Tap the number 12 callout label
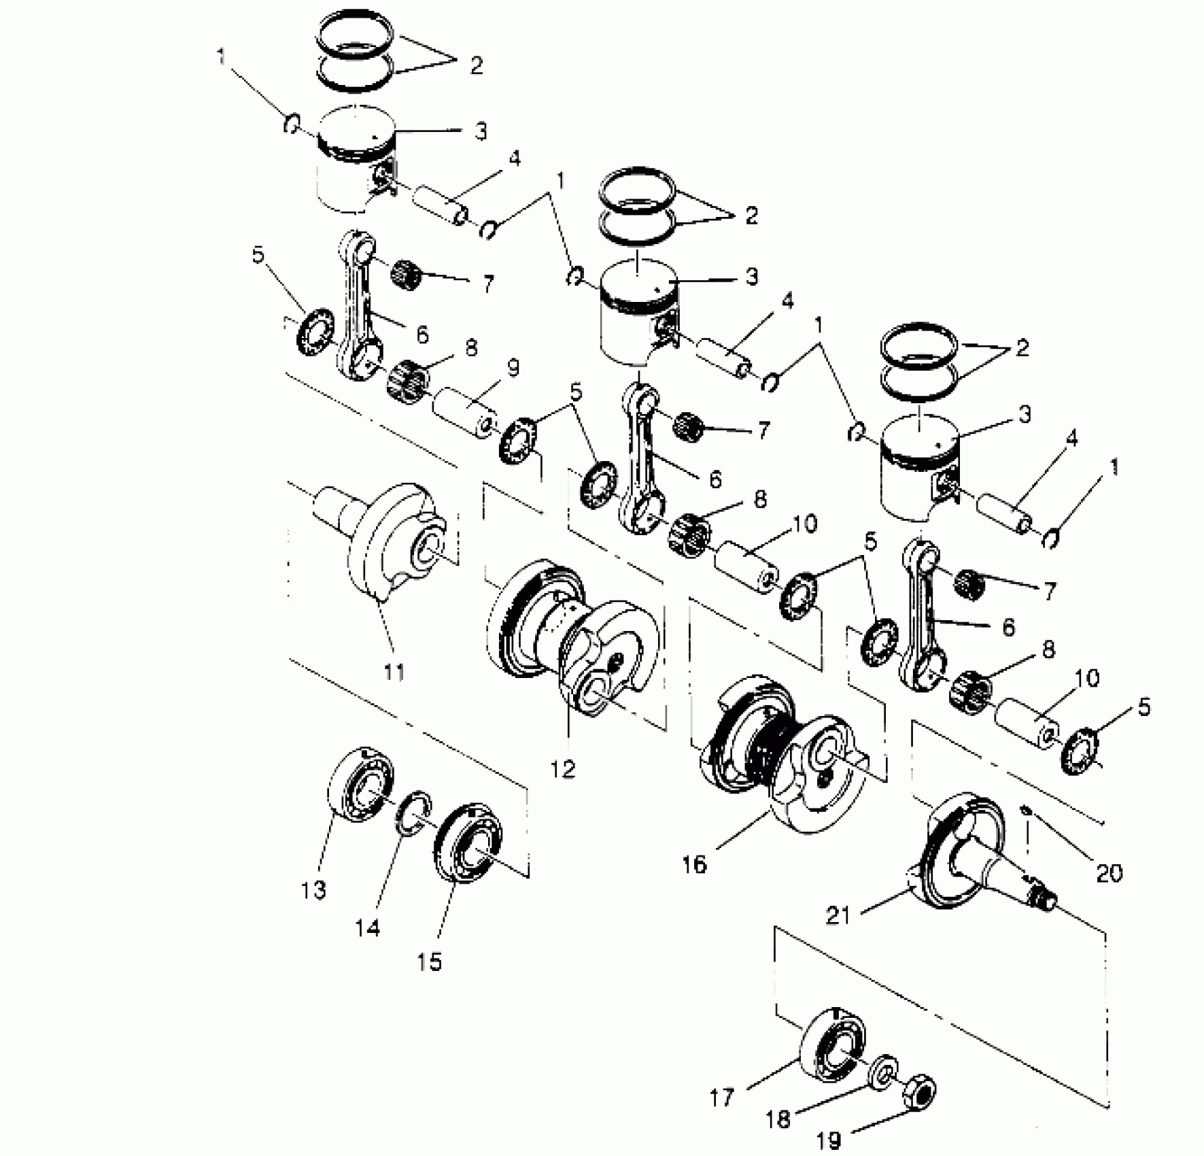pos(564,769)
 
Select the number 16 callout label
pos(695,865)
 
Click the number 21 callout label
pos(838,916)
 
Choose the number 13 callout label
pos(314,890)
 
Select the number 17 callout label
pos(722,1098)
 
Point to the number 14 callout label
pos(368,927)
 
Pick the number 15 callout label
pos(430,962)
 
